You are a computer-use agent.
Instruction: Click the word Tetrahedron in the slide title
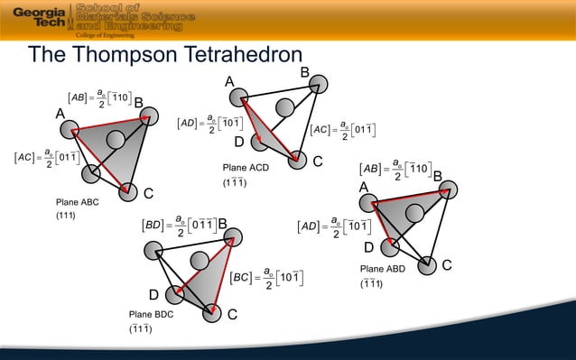pyautogui.click(x=220, y=57)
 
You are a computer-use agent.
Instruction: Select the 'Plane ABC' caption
pyautogui.click(x=77, y=203)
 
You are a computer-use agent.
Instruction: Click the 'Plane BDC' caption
pyautogui.click(x=150, y=315)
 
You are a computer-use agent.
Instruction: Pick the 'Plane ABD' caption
pyautogui.click(x=383, y=269)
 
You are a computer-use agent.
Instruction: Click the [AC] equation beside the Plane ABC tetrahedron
pyautogui.click(x=49, y=159)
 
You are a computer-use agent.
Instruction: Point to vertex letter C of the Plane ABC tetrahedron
pyautogui.click(x=148, y=194)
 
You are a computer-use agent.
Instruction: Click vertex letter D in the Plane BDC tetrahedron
pyautogui.click(x=154, y=296)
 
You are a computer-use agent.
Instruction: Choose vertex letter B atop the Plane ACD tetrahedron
pyautogui.click(x=304, y=71)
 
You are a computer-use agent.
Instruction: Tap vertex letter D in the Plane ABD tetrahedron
pyautogui.click(x=368, y=247)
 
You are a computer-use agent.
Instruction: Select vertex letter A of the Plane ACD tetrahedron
pyautogui.click(x=229, y=83)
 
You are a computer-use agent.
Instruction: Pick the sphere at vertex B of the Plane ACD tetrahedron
pyautogui.click(x=320, y=85)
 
